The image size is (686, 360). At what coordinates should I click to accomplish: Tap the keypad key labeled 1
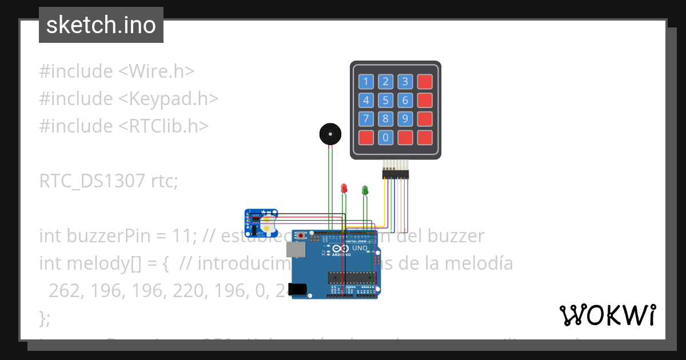(x=366, y=82)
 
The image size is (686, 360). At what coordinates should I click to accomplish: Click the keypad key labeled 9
(x=405, y=119)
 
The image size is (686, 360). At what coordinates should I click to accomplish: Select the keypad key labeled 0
(x=386, y=138)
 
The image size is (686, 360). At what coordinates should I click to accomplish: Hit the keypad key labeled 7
(x=366, y=119)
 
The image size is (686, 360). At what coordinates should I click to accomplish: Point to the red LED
(x=344, y=188)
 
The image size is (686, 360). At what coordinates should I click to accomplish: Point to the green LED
(x=365, y=189)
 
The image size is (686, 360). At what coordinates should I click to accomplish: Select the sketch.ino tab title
(x=101, y=25)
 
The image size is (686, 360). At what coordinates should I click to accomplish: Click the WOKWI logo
(x=607, y=315)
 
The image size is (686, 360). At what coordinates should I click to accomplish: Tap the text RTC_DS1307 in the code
(x=92, y=181)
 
